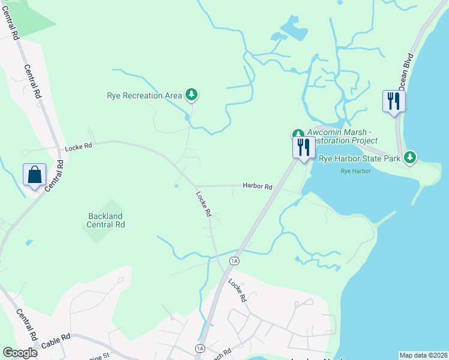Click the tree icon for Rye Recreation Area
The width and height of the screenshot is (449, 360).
(191, 95)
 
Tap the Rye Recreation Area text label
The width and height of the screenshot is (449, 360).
(144, 95)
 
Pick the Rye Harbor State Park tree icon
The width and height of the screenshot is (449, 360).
(410, 158)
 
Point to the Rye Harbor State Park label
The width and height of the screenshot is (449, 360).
(359, 159)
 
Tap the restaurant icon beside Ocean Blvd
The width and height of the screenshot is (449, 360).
(394, 100)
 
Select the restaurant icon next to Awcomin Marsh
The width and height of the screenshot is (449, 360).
(304, 146)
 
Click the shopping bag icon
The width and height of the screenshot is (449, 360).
(34, 175)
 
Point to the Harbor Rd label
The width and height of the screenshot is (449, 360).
(258, 187)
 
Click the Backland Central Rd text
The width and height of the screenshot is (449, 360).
(105, 220)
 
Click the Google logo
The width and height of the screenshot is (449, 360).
(20, 353)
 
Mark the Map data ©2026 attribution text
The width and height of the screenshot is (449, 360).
(423, 355)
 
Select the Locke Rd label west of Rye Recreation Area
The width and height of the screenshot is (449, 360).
(79, 146)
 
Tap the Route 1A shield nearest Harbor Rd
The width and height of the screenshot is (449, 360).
(234, 261)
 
